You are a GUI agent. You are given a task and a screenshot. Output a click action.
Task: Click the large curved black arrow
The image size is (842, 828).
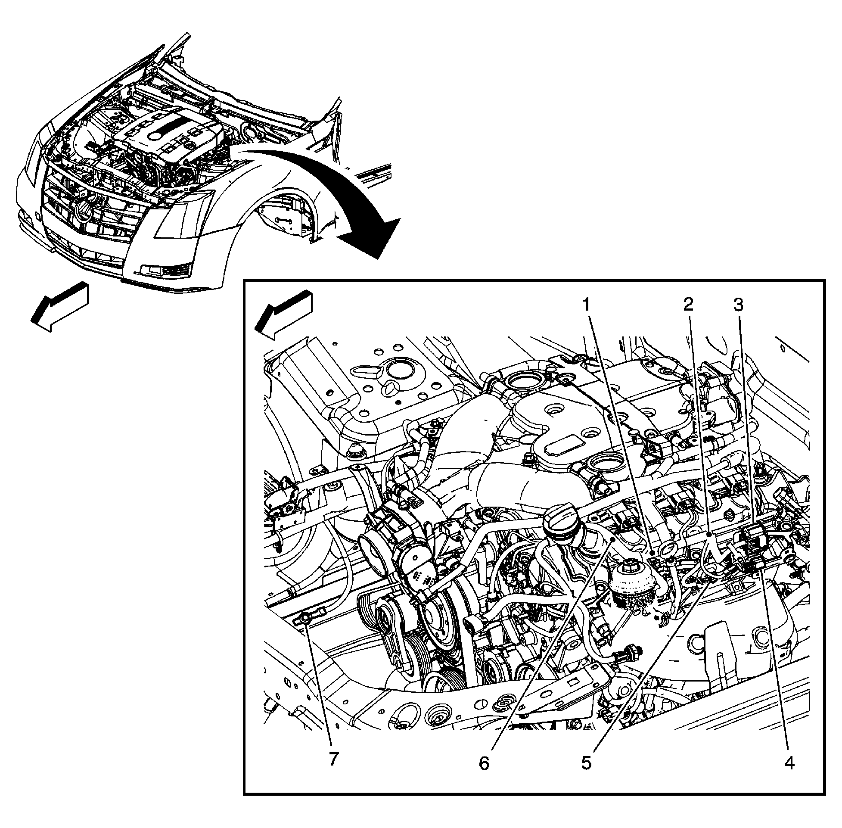tap(348, 196)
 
